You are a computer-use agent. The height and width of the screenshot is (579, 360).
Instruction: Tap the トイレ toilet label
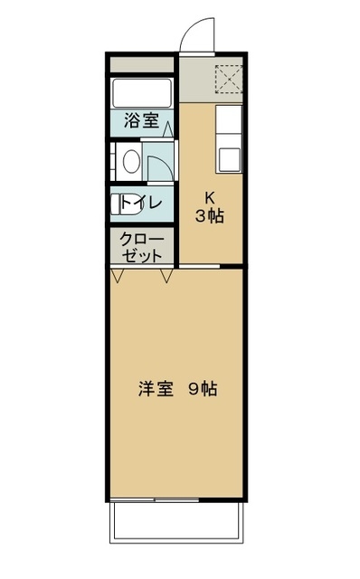(141, 204)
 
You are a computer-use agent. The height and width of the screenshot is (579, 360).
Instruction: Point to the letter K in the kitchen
(210, 198)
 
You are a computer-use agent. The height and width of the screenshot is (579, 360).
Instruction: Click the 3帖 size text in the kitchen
(210, 216)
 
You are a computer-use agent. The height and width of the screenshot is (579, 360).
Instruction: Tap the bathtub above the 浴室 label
(141, 92)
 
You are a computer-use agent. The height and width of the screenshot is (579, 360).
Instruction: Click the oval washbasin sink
(128, 163)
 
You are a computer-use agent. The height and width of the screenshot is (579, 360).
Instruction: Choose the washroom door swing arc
(159, 169)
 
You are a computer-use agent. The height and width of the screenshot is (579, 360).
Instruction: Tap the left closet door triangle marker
(118, 274)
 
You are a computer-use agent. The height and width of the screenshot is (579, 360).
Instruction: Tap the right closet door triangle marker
(166, 274)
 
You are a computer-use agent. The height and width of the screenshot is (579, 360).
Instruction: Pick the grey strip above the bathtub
(141, 65)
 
